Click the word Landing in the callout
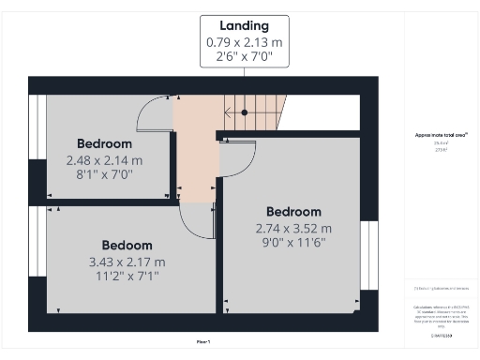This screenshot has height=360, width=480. [244, 25]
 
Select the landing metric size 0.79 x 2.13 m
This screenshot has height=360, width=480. [244, 42]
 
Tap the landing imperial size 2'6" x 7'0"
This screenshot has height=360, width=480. [244, 57]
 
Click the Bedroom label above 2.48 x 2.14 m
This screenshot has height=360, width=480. [104, 144]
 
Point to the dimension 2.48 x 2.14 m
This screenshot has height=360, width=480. [104, 160]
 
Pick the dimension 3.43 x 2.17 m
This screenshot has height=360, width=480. [127, 262]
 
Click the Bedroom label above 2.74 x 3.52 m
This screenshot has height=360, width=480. [293, 212]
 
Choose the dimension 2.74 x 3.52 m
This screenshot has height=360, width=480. [293, 228]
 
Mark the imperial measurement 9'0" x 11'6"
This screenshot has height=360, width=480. [293, 243]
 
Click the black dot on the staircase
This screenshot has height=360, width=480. [245, 112]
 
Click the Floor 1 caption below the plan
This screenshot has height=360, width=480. [202, 342]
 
